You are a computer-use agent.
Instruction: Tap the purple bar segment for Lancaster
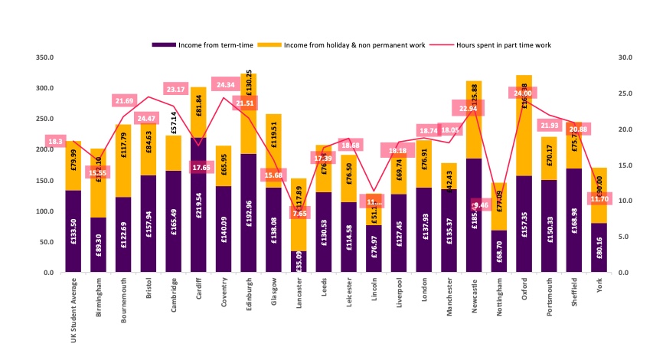(298, 261)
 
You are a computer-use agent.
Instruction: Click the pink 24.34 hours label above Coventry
(226, 85)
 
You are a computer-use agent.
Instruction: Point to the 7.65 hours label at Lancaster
(299, 213)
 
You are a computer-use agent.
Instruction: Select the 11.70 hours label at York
(600, 200)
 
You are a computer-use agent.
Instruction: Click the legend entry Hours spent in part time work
(503, 45)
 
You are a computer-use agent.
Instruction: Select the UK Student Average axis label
(74, 311)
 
